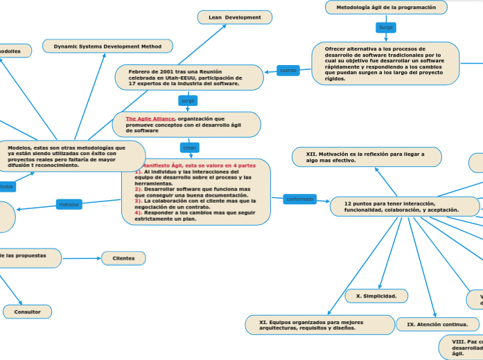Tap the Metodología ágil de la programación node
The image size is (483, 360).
(x=386, y=7)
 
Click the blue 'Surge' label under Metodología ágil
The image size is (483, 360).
(x=386, y=28)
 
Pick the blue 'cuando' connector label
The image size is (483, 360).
(x=288, y=70)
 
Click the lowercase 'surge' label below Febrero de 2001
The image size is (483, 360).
(x=188, y=101)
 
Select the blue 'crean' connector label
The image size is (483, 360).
(x=189, y=147)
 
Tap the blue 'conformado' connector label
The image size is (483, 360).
(x=299, y=199)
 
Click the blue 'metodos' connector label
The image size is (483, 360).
(x=69, y=205)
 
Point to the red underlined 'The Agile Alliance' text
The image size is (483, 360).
(x=150, y=119)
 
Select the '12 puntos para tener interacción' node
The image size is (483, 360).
(x=403, y=206)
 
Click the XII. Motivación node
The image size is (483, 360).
(x=366, y=156)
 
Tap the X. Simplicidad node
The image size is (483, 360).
(x=376, y=296)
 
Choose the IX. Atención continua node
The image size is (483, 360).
(x=437, y=323)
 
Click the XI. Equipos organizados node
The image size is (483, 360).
(x=319, y=324)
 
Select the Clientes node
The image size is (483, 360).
(x=123, y=258)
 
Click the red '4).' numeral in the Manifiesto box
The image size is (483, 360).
(x=139, y=213)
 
